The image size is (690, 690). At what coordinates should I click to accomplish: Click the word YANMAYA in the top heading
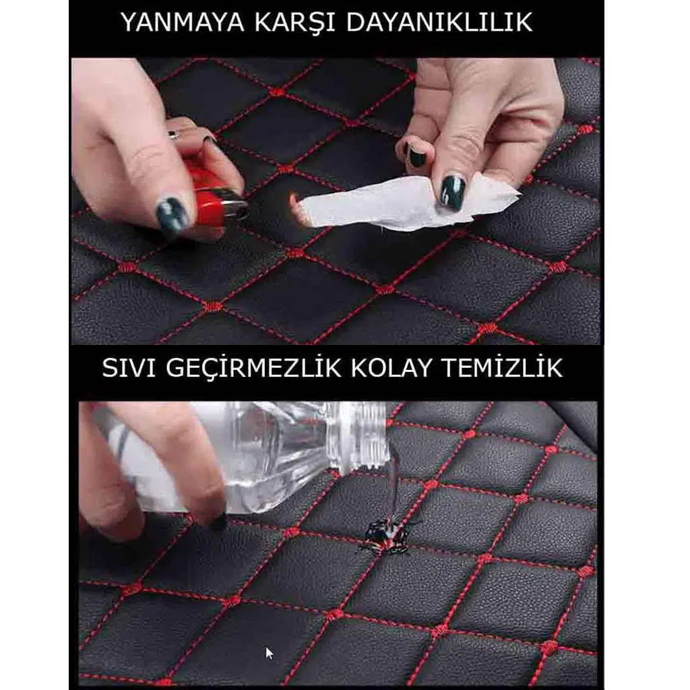182,22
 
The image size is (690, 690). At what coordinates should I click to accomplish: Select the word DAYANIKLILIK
439,22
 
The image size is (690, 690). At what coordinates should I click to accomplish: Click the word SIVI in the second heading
129,368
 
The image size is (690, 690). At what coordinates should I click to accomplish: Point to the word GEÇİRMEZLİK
253,368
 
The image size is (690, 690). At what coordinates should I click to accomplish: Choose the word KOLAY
391,368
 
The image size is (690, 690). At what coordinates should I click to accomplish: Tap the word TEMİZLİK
502,367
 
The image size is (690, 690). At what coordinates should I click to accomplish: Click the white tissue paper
407,203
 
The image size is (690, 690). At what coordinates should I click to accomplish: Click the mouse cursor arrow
270,654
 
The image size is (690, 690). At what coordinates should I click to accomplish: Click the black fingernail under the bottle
218,522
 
